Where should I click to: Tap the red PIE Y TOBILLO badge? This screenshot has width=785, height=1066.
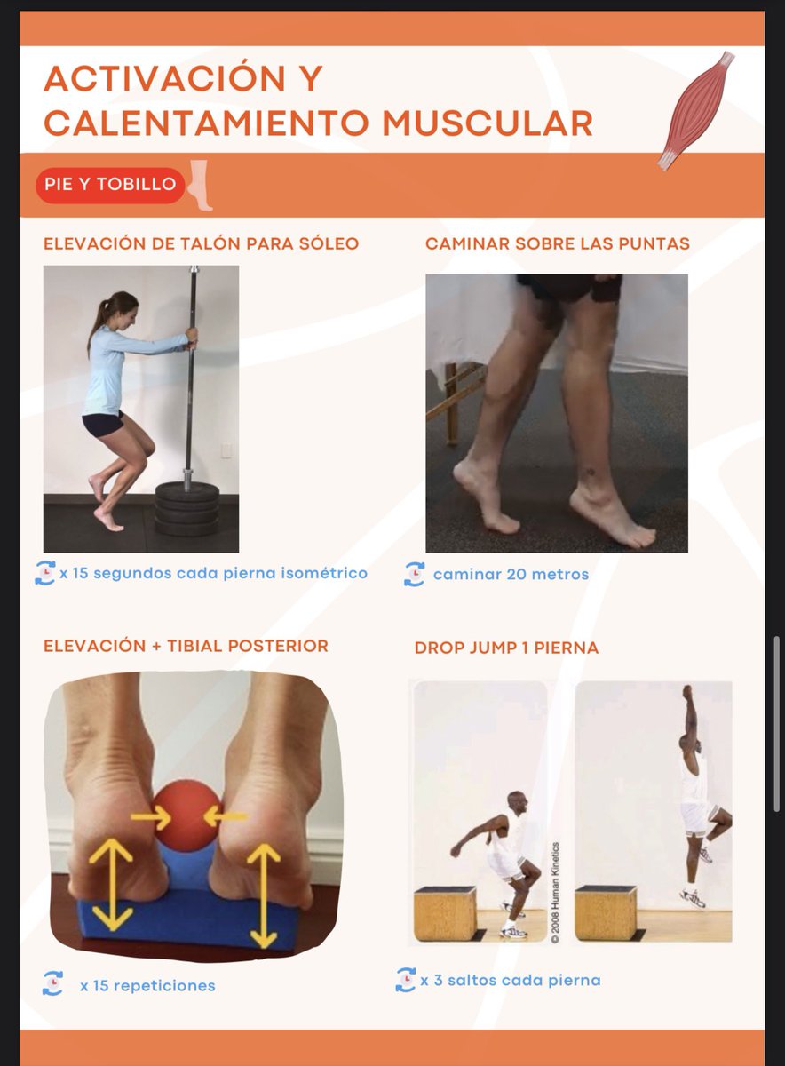(x=111, y=186)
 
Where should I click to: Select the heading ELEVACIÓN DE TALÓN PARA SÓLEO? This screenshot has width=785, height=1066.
(x=201, y=243)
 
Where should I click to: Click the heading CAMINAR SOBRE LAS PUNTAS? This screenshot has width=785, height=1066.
(x=557, y=243)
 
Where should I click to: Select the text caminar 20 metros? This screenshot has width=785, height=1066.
(x=511, y=575)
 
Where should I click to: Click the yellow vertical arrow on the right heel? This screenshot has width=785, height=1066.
(x=264, y=893)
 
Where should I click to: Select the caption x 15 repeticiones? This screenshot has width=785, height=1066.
(x=147, y=986)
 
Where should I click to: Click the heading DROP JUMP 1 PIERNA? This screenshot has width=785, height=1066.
(x=506, y=648)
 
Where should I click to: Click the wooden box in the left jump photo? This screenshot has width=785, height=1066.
(x=444, y=912)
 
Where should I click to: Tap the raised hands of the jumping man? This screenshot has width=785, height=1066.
(x=686, y=693)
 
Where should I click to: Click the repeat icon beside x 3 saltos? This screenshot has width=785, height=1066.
(x=405, y=980)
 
